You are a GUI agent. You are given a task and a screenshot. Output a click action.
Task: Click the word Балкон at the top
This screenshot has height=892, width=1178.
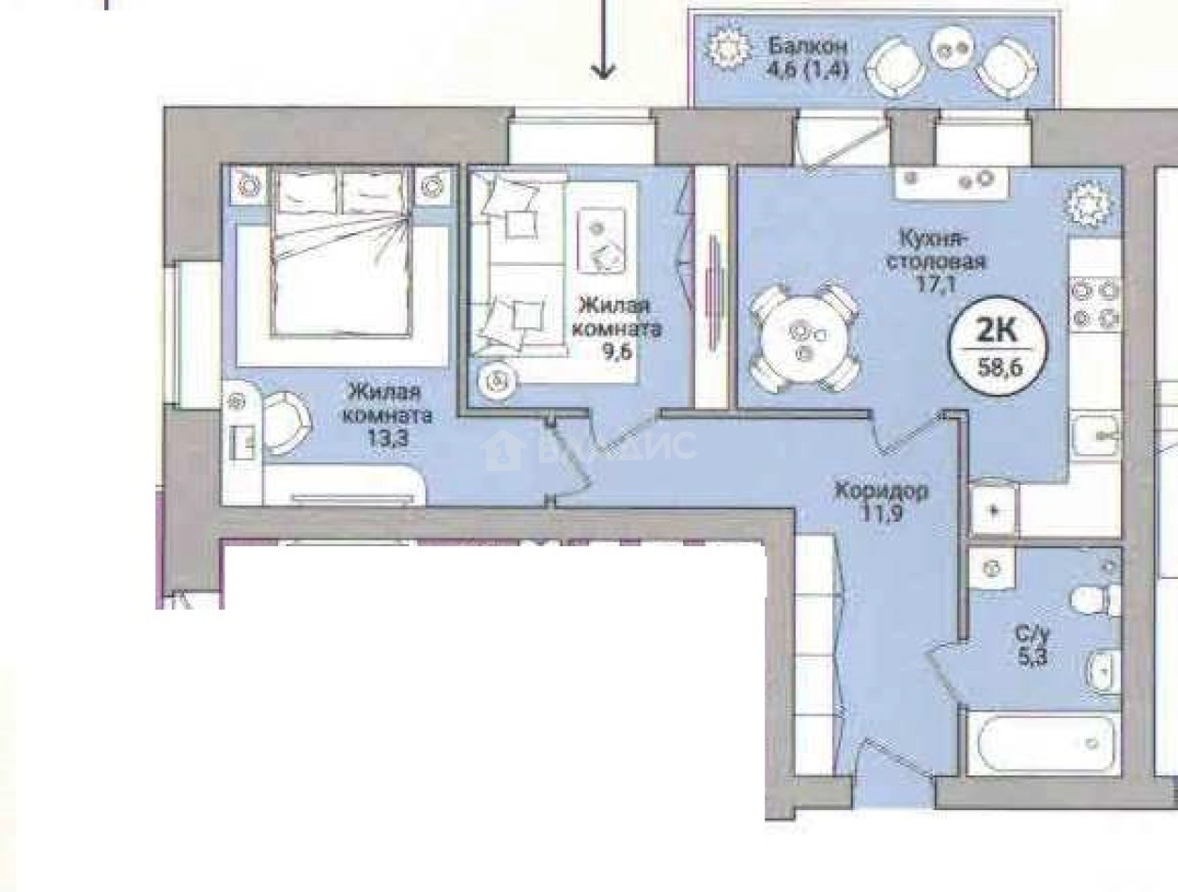(808, 46)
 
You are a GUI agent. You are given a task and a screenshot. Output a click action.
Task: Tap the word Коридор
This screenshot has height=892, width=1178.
(882, 491)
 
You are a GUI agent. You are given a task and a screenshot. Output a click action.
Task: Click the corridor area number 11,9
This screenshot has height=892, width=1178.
(880, 513)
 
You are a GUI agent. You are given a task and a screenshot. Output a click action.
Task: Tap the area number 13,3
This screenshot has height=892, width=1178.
(392, 436)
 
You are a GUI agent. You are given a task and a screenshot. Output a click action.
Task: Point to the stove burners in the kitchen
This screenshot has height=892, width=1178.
(1096, 305)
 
